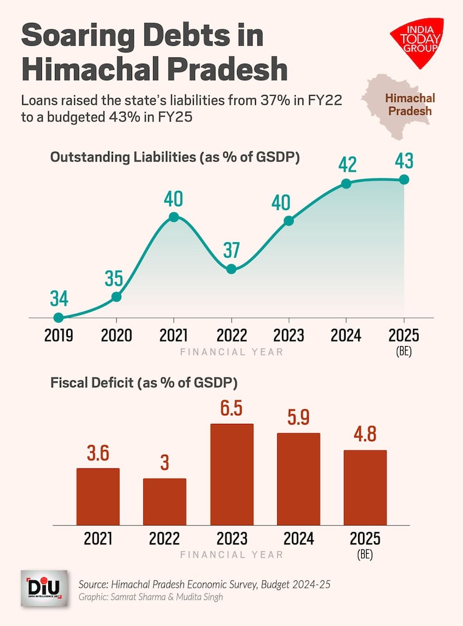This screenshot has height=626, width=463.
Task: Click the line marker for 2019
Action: point(59,318)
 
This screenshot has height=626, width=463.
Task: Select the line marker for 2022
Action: point(231,269)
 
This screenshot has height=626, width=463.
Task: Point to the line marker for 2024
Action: point(346,184)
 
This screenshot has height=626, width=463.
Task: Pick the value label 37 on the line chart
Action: point(231,251)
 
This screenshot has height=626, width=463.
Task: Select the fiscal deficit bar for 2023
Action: point(231,474)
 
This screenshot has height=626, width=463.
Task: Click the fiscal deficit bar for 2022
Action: point(164,501)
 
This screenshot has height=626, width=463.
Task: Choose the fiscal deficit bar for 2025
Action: point(365,488)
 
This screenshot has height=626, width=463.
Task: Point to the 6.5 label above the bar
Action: point(231,409)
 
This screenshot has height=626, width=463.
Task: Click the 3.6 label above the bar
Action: point(98,454)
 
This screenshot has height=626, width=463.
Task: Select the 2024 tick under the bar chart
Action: point(298,538)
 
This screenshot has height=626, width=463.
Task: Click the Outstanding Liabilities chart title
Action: point(175,157)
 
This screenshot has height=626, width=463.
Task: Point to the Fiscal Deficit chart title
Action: point(144,383)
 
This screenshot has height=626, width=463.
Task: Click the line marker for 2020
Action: point(116,297)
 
